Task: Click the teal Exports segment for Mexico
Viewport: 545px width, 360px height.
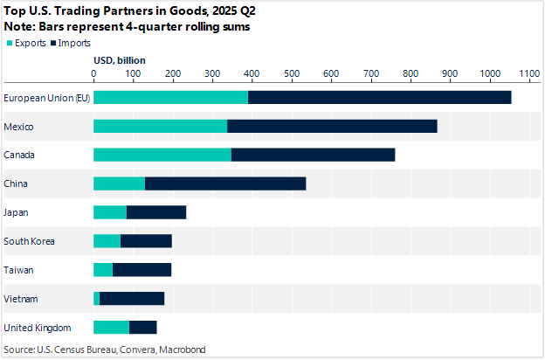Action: [160, 126]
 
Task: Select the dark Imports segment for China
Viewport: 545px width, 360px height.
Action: [225, 183]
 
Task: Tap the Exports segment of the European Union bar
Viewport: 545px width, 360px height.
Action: [170, 97]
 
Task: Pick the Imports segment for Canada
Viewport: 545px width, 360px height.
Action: [313, 155]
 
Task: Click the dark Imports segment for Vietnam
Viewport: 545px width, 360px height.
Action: [132, 299]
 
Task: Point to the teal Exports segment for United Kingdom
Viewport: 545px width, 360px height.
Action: [111, 327]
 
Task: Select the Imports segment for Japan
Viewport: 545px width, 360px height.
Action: [156, 212]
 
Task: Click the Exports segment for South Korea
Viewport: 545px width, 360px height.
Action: [107, 241]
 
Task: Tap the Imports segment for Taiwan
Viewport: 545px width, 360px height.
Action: [141, 270]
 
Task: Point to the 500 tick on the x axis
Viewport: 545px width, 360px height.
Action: [292, 74]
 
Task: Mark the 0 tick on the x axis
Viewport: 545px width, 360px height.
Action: [93, 74]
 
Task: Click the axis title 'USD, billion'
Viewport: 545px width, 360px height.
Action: [119, 60]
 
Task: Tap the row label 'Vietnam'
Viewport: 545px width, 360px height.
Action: [21, 299]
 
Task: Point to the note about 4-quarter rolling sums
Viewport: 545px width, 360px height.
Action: [128, 28]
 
